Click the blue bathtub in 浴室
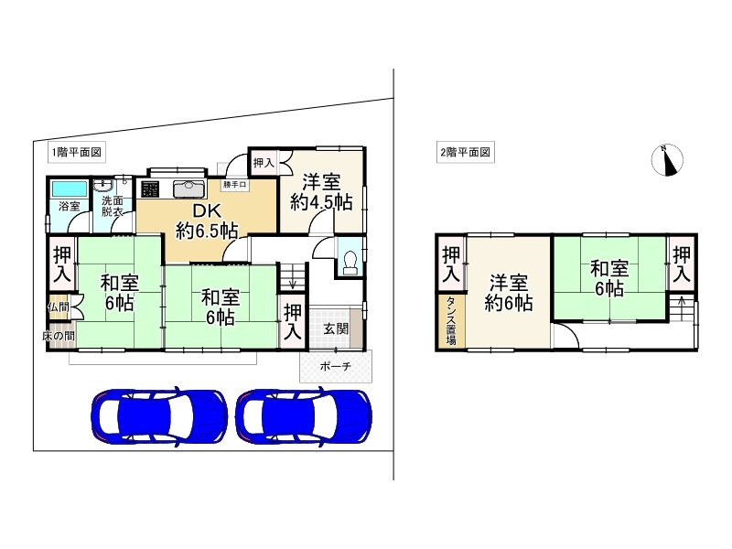[x=69, y=189]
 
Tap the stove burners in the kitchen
[x=150, y=189]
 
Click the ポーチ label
[x=335, y=366]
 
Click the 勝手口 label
[x=235, y=185]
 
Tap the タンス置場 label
[x=451, y=321]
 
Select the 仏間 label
[x=58, y=307]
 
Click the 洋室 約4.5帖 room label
[x=321, y=192]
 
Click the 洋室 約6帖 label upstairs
[x=506, y=292]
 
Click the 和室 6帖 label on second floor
[x=608, y=278]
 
